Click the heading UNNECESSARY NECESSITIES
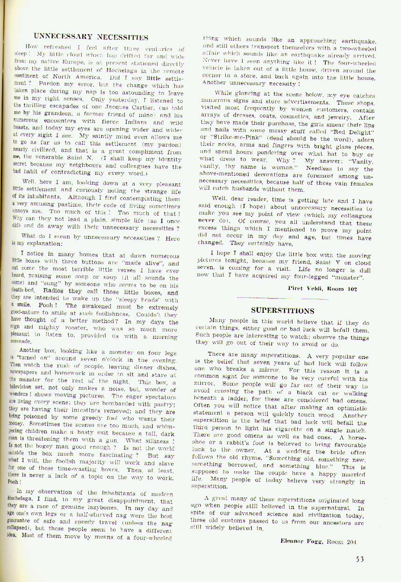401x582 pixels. tap(95, 36)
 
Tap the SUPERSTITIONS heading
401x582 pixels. tap(282, 310)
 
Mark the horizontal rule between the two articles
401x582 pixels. tap(282, 297)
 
